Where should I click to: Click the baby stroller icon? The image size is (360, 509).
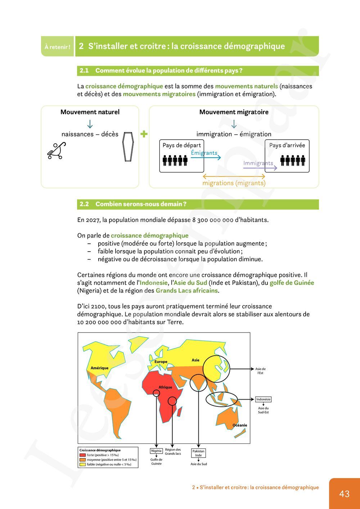[x=57, y=150]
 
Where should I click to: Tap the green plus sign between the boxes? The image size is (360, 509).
[x=144, y=134]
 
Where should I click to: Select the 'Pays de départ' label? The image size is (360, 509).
[x=181, y=145]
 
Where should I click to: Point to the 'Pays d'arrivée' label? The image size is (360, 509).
[x=287, y=145]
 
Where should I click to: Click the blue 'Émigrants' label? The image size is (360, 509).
[x=204, y=153]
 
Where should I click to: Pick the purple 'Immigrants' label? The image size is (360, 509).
[x=258, y=163]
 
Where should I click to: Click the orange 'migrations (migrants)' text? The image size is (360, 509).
[x=234, y=183]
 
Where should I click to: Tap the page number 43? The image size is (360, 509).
[x=344, y=494]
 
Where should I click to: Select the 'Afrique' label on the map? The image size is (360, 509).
[x=166, y=387]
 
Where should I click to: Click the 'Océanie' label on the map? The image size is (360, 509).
[x=240, y=425]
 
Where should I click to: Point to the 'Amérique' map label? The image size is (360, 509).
[x=99, y=368]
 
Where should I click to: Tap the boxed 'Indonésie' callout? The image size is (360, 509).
[x=263, y=399]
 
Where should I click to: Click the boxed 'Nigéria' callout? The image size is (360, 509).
[x=156, y=451]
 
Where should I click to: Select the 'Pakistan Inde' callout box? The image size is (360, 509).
[x=198, y=453]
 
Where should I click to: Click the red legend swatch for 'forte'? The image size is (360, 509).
[x=83, y=455]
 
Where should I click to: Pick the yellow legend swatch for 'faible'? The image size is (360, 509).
[x=83, y=464]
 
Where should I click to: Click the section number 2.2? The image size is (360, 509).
[x=84, y=204]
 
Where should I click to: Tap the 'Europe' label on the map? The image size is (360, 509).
[x=161, y=362]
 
